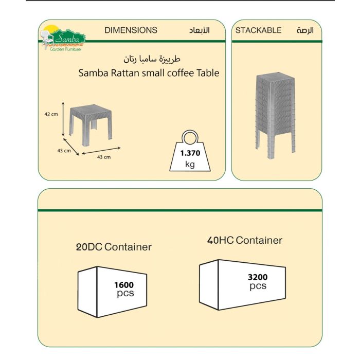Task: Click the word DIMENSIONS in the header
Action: point(131,30)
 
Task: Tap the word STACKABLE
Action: point(258,30)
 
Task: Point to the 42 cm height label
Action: point(51,114)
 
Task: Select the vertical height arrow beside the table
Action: point(63,119)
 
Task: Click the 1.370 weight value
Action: point(190,153)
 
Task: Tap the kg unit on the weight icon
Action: point(190,165)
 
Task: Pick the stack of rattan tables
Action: point(275,116)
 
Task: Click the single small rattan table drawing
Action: point(91,125)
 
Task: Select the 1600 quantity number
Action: point(124,285)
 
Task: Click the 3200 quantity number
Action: point(258,277)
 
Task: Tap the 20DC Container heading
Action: point(114,247)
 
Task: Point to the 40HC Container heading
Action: point(244,240)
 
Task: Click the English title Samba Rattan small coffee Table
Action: point(149,73)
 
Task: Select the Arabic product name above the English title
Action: point(152,59)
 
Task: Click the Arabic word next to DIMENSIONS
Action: point(200,30)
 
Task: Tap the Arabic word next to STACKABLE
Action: point(305,30)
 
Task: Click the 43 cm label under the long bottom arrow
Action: point(104,157)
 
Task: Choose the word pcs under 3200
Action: point(258,286)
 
